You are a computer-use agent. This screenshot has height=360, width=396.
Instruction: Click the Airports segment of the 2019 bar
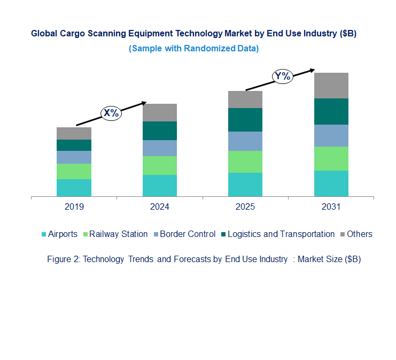[x=74, y=188]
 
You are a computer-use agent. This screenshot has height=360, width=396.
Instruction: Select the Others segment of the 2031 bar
[x=331, y=86]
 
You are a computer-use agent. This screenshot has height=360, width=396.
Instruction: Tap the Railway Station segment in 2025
[x=245, y=162]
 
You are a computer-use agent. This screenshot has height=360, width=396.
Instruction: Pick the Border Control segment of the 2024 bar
[x=159, y=148]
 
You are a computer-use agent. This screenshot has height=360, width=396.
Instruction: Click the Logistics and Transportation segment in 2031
[x=331, y=111]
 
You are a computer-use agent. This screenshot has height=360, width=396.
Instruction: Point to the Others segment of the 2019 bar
[x=74, y=133]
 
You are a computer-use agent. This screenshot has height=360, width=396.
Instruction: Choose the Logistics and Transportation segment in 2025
[x=245, y=120]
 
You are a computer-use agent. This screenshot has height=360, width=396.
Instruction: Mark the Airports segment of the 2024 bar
[x=159, y=186]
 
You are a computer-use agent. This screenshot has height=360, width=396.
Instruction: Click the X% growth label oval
[x=112, y=113]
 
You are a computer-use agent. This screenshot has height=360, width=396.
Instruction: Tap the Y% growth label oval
[x=283, y=76]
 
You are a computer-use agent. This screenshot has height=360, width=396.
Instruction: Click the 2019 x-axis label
[x=74, y=206]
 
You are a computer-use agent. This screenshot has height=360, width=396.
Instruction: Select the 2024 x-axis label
[x=159, y=206]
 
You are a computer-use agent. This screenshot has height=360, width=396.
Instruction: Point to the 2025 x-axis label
[x=245, y=206]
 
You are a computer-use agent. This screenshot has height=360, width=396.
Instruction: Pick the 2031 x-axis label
[x=331, y=206]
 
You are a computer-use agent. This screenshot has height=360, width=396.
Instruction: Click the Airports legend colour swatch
[x=44, y=234]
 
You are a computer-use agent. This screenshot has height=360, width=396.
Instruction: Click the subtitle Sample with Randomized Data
[x=193, y=48]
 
